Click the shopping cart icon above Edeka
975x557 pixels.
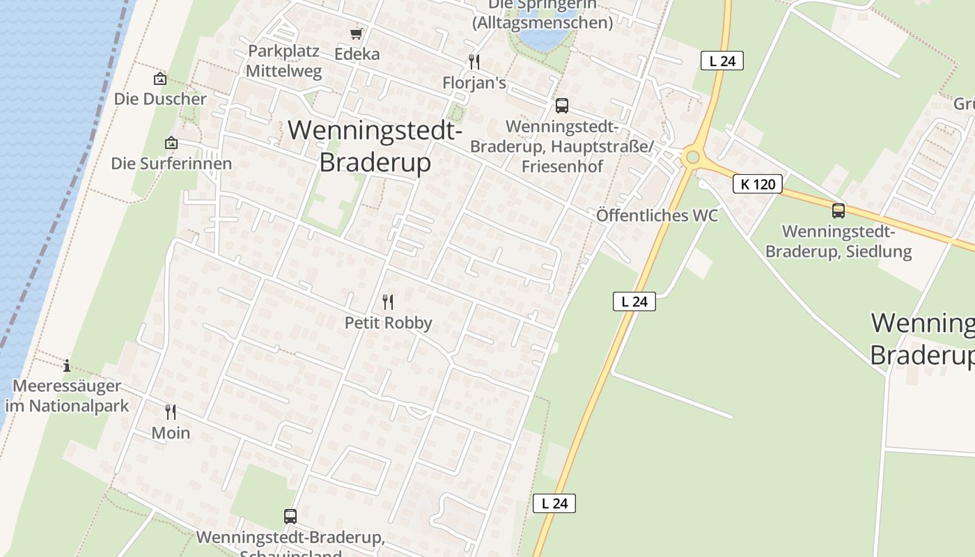pyautogui.click(x=356, y=34)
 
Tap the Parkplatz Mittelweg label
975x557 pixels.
pyautogui.click(x=283, y=61)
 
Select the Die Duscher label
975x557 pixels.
pyautogui.click(x=160, y=99)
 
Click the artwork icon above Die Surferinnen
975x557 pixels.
pyautogui.click(x=171, y=143)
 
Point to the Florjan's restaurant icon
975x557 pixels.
pyautogui.click(x=474, y=62)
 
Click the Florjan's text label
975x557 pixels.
pyautogui.click(x=474, y=83)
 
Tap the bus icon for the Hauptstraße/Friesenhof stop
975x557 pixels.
pyautogui.click(x=562, y=106)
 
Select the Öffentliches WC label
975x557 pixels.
pyautogui.click(x=657, y=215)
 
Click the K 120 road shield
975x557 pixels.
pyautogui.click(x=758, y=185)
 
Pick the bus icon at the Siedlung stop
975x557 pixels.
pyautogui.click(x=838, y=210)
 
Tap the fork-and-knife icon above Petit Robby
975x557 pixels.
pyautogui.click(x=388, y=302)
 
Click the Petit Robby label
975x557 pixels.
pyautogui.click(x=389, y=323)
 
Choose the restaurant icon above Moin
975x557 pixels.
pyautogui.click(x=171, y=412)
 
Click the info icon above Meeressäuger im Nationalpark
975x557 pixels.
pyautogui.click(x=67, y=366)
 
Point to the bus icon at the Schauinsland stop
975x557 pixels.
pyautogui.click(x=290, y=517)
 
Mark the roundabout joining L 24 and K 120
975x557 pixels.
pyautogui.click(x=692, y=157)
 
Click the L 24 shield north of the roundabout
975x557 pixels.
pyautogui.click(x=722, y=61)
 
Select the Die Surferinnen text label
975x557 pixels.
pyautogui.click(x=171, y=164)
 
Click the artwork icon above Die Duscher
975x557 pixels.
pyautogui.click(x=160, y=79)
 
